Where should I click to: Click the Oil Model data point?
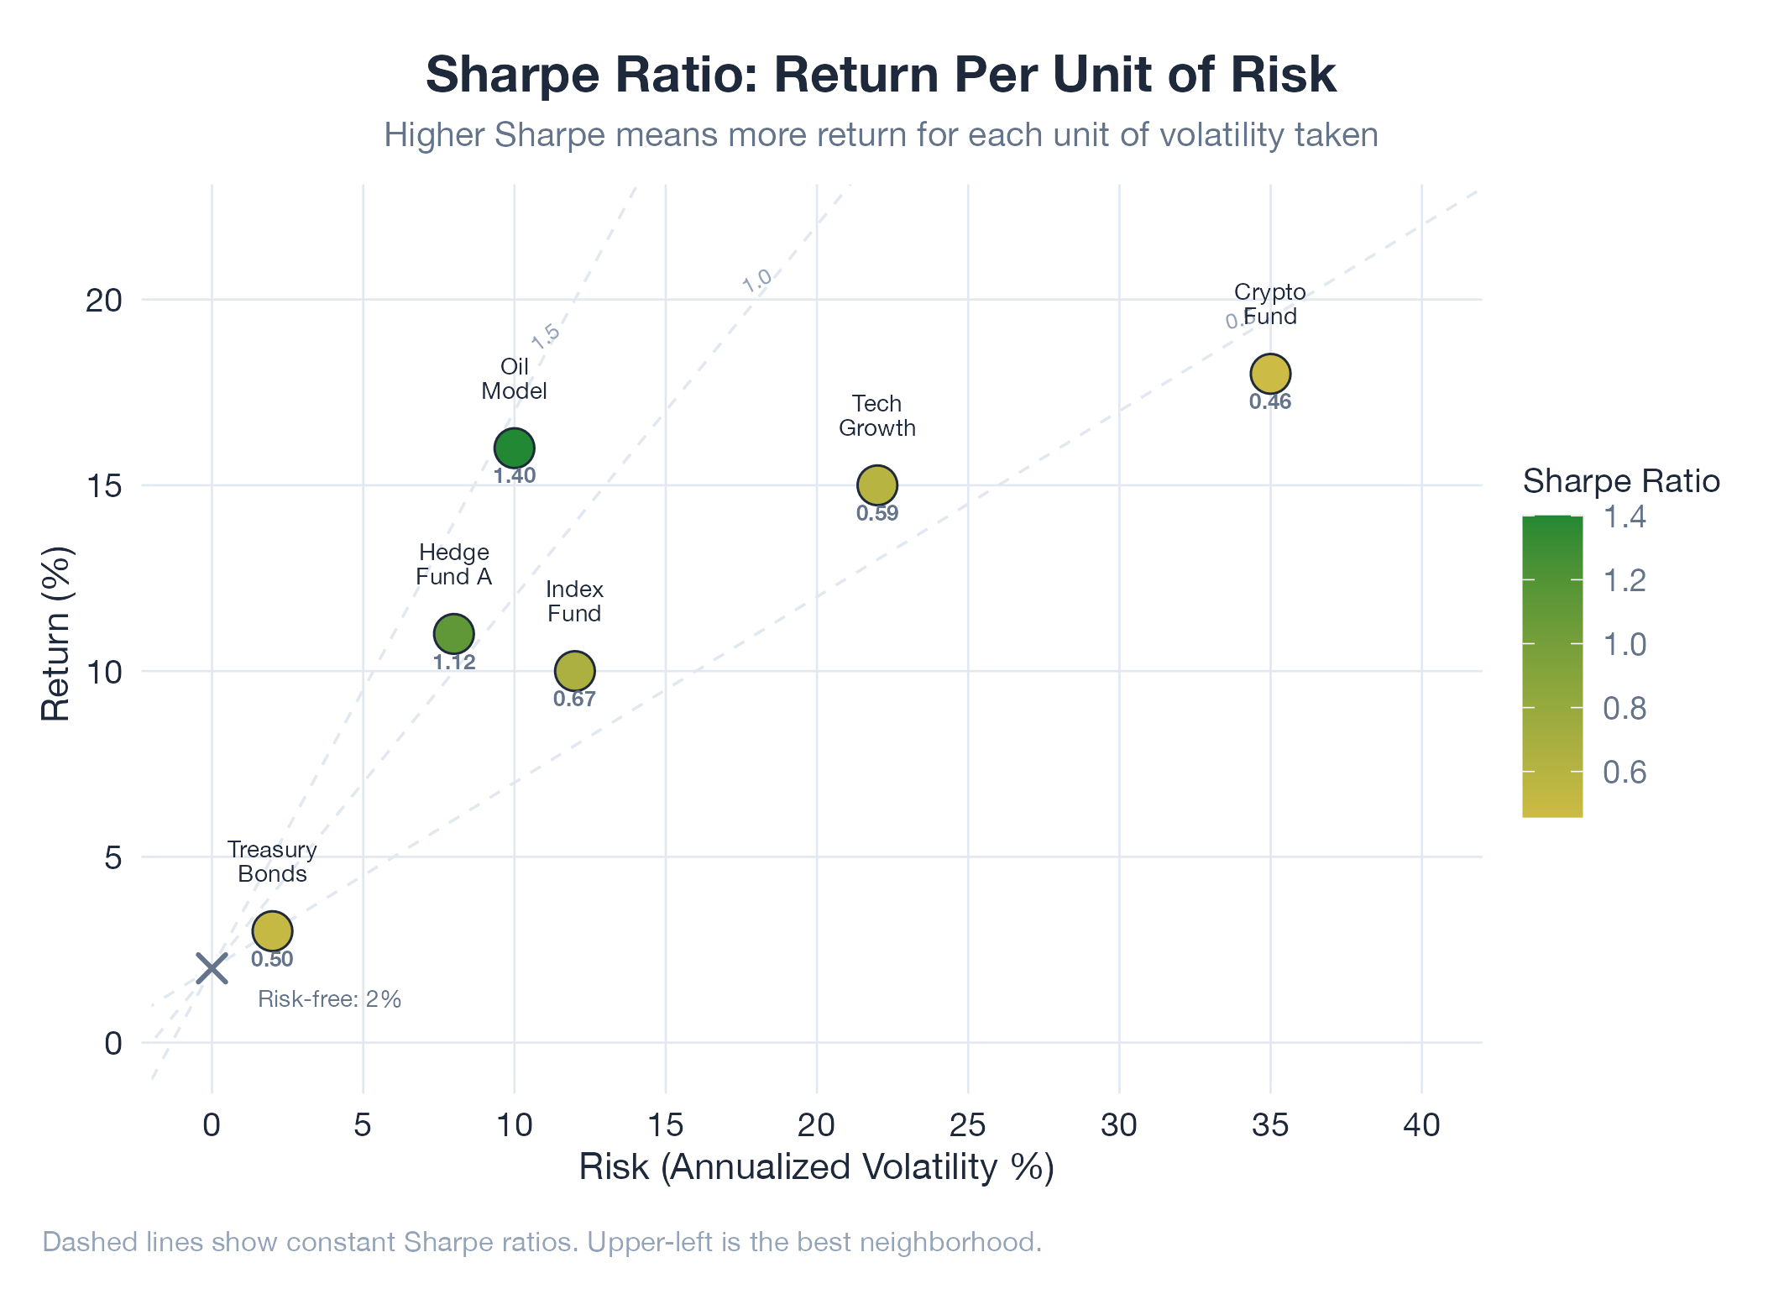[x=514, y=448]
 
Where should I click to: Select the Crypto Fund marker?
[x=1269, y=373]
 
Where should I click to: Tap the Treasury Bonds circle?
[x=272, y=930]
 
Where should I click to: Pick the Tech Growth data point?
[x=876, y=485]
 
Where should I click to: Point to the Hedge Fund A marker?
[x=453, y=633]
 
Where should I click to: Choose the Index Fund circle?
[x=574, y=670]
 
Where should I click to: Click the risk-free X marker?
[x=212, y=968]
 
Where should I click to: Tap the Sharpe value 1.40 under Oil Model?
[x=514, y=476]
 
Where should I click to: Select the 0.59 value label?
[x=876, y=513]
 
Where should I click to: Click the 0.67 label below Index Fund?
[x=574, y=699]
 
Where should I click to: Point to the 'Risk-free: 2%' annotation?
[x=329, y=999]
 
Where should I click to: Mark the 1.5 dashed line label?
[x=546, y=335]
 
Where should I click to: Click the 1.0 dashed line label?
[x=756, y=280]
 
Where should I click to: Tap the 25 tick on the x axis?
[x=967, y=1125]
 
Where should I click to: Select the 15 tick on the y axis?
[x=104, y=485]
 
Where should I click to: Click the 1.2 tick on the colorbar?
[x=1624, y=580]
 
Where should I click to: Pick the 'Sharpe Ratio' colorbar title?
[x=1620, y=481]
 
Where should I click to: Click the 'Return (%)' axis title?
[x=56, y=634]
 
